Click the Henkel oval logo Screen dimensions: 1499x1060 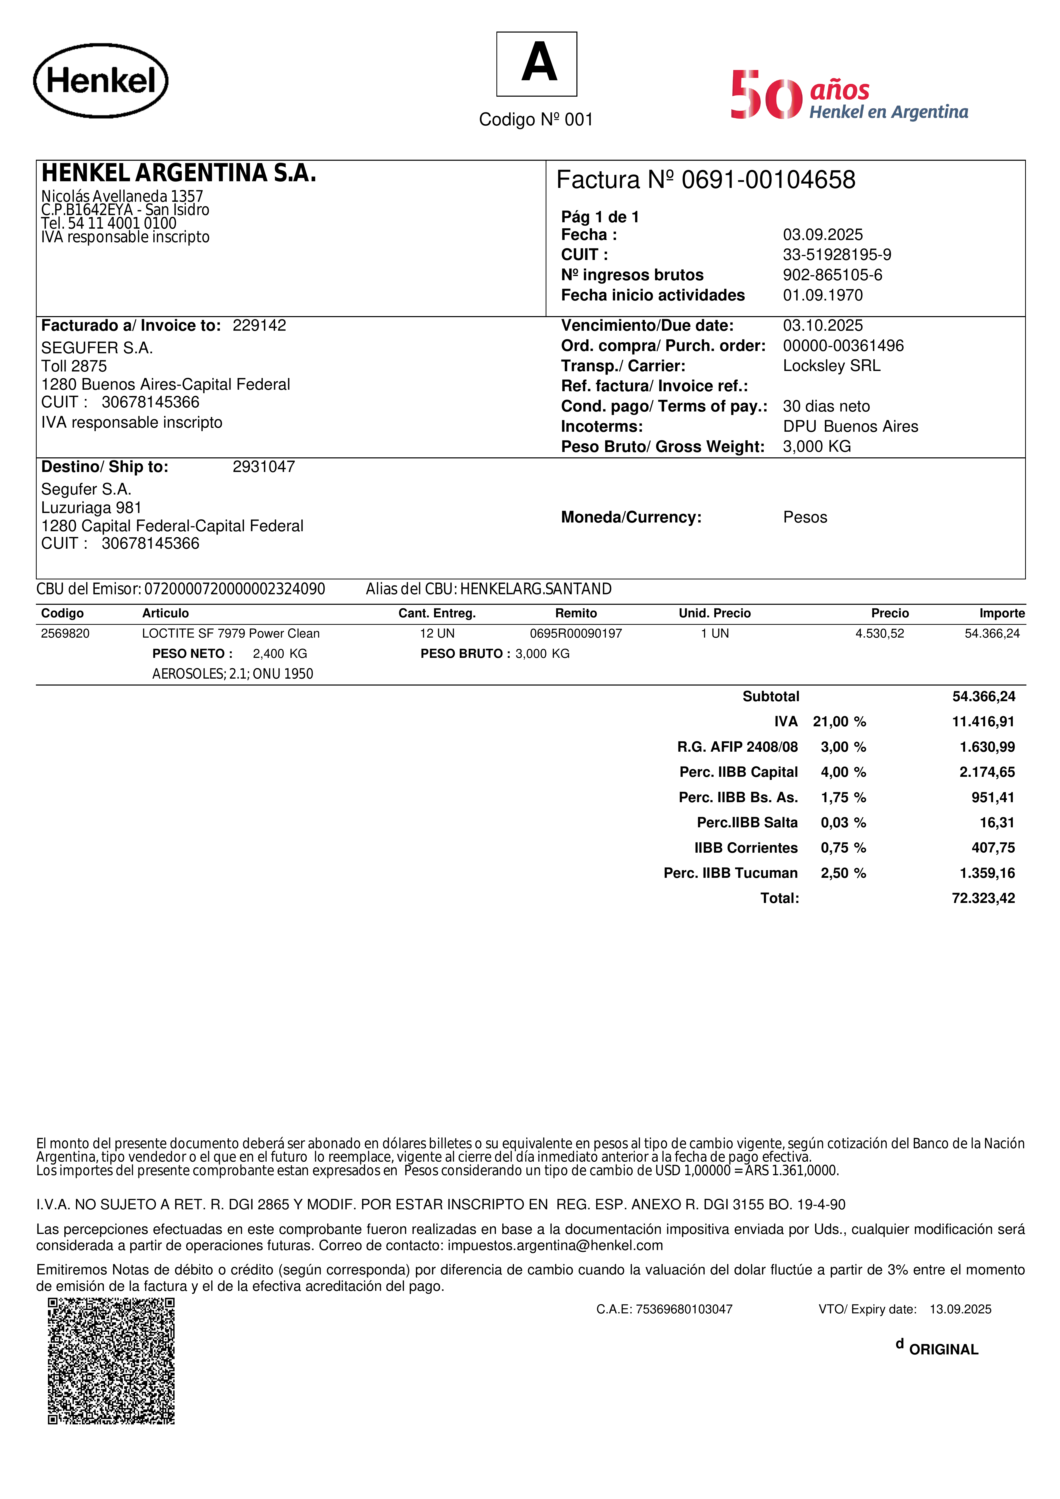[101, 81]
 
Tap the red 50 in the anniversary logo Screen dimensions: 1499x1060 [766, 95]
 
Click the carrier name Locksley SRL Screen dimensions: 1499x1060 [832, 366]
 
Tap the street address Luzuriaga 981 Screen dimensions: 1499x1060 [92, 508]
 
